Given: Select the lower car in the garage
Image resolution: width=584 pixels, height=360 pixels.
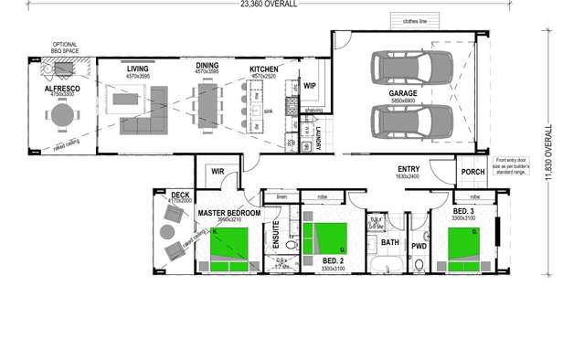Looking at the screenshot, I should coord(410,120).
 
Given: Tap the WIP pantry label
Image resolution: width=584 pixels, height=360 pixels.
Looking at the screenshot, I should coord(310,85).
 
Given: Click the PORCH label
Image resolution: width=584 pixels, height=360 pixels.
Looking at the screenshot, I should coord(473,171).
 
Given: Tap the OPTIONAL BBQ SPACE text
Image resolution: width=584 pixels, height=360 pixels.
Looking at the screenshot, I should coord(63,48).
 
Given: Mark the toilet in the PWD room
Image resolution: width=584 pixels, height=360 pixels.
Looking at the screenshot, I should coord(418,265).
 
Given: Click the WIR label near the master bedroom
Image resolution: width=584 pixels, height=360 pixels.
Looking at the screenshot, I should coord(218,170).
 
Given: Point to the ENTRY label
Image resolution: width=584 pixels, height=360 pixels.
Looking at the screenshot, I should coord(409,169).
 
